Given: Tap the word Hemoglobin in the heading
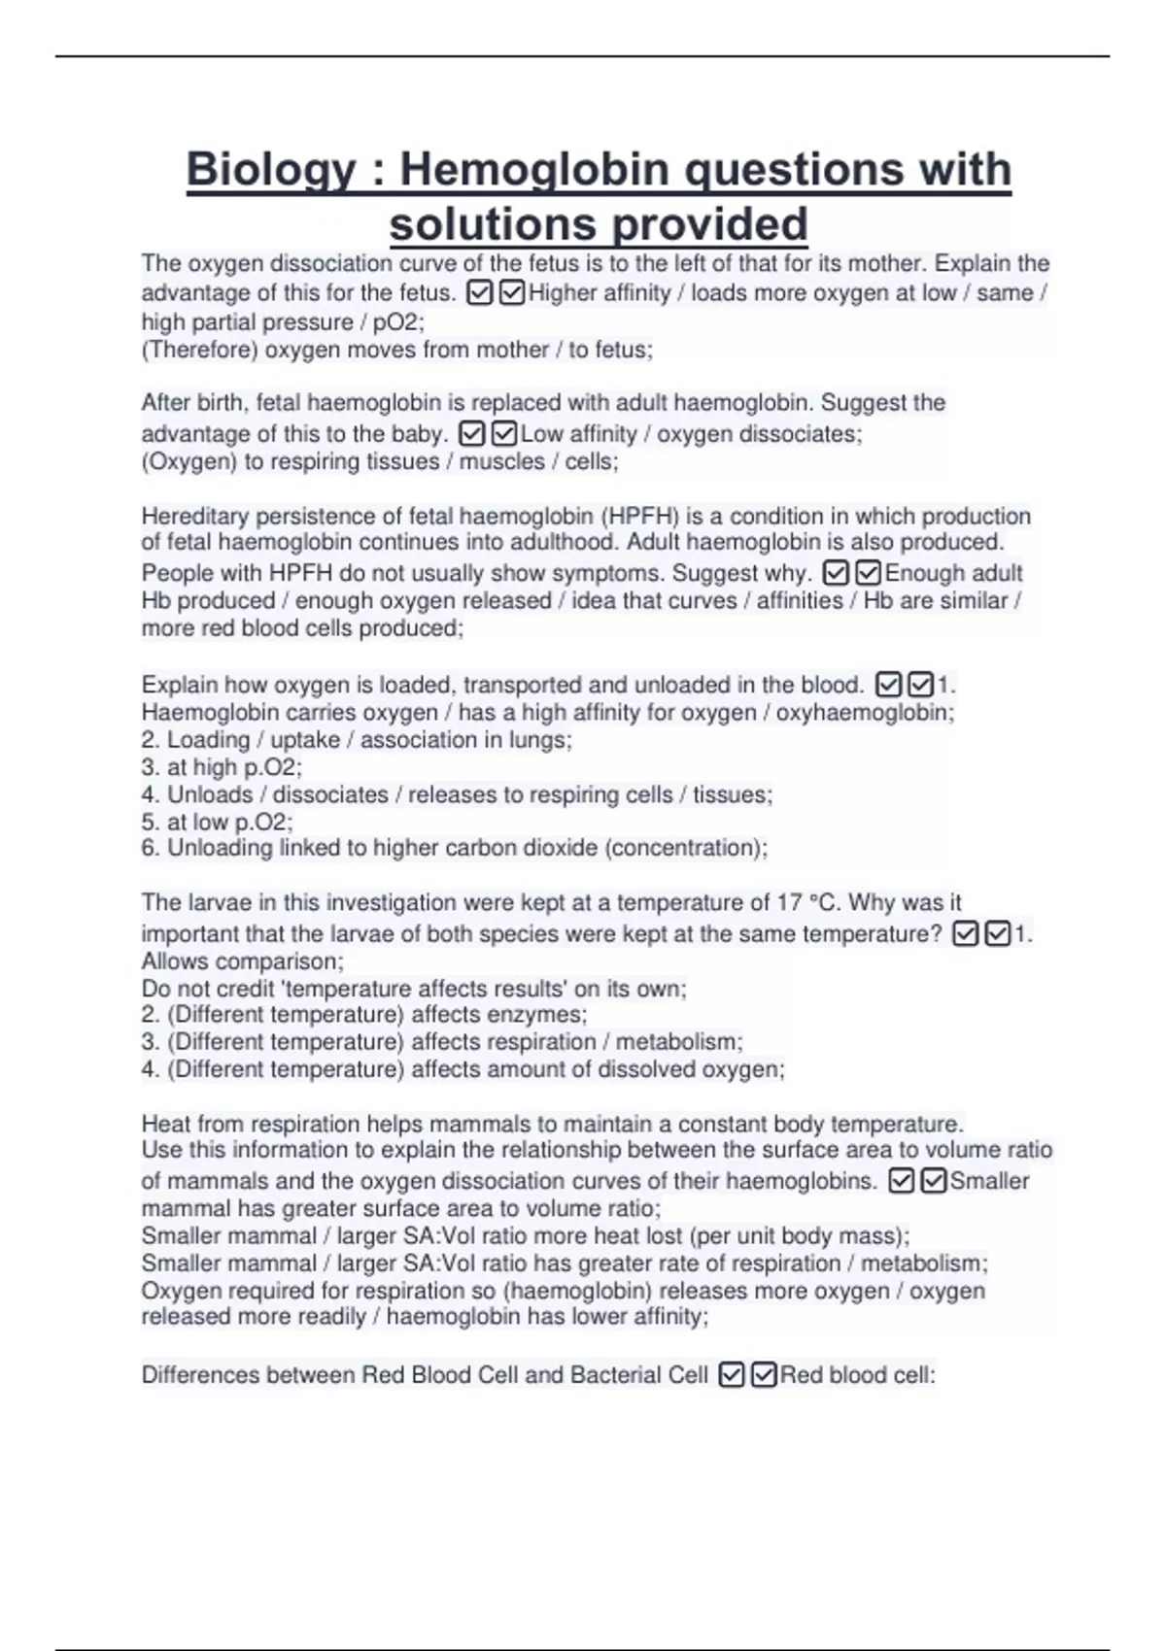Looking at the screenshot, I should pyautogui.click(x=534, y=170).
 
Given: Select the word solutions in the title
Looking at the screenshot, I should pyautogui.click(x=494, y=224).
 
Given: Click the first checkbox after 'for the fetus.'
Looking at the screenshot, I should pyautogui.click(x=480, y=292).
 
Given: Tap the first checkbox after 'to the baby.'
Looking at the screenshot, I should pyautogui.click(x=471, y=433).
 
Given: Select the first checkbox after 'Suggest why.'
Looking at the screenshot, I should pyautogui.click(x=836, y=573).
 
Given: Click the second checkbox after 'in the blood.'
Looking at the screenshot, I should pyautogui.click(x=919, y=685).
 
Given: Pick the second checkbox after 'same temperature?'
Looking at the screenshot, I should pyautogui.click(x=997, y=934).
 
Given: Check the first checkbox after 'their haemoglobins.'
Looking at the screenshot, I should pyautogui.click(x=902, y=1181).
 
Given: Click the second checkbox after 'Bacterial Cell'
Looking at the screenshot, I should pyautogui.click(x=764, y=1375).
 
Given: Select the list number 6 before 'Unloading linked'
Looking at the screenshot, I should pyautogui.click(x=150, y=848).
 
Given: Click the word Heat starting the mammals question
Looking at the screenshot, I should pyautogui.click(x=166, y=1124).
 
